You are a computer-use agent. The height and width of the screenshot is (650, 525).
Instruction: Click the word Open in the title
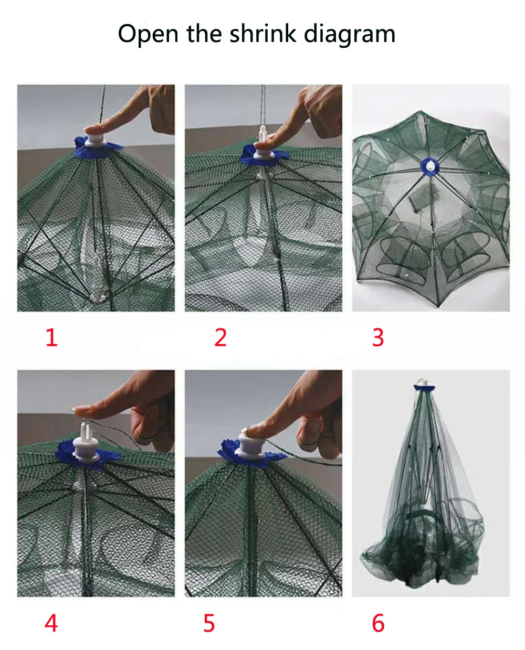(148, 34)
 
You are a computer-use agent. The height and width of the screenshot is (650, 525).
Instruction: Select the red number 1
(51, 337)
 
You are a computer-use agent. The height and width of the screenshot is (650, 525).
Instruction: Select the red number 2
(220, 337)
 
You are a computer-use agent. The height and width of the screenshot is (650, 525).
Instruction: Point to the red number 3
(378, 337)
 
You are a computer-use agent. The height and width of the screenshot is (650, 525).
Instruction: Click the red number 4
(51, 623)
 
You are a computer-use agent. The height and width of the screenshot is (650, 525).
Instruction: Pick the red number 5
(209, 623)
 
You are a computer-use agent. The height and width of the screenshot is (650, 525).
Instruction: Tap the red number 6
(378, 623)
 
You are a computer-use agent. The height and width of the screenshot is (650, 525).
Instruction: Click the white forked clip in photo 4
(86, 435)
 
